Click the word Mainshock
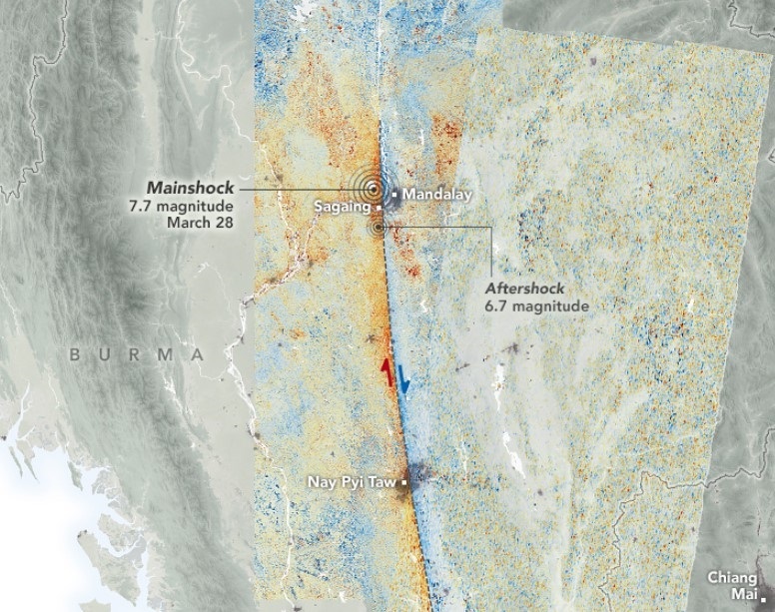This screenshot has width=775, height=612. (190, 187)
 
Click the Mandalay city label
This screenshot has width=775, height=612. (436, 194)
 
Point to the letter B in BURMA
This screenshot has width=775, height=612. (76, 354)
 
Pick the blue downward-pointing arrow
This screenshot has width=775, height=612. (402, 379)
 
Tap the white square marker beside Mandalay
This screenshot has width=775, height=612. (396, 194)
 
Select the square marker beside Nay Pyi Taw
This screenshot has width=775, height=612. (403, 483)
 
